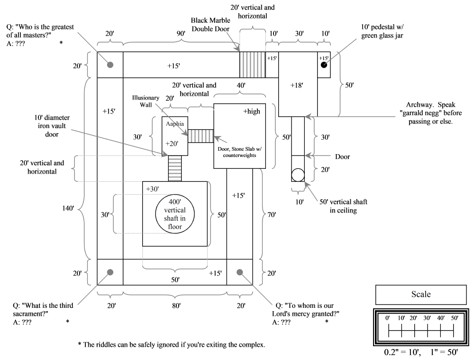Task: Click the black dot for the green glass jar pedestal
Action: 324,65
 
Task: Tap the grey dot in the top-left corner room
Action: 110,65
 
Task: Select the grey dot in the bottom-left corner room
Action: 110,272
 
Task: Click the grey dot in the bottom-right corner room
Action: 239,272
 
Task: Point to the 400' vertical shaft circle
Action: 175,214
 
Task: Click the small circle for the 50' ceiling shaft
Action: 298,175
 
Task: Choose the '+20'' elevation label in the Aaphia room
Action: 172,144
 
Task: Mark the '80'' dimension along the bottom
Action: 175,307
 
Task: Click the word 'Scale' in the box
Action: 421,294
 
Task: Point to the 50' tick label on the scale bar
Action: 454,317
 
